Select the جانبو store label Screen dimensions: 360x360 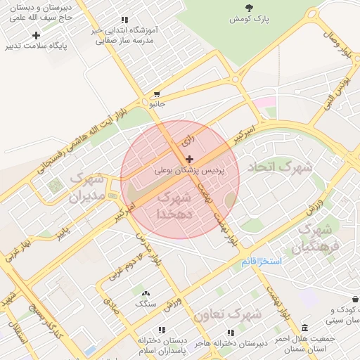[156, 104]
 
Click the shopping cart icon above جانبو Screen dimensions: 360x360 [156, 94]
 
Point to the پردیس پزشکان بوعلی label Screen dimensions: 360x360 [190, 171]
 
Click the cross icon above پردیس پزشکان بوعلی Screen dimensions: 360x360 [189, 160]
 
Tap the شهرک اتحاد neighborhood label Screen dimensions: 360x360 [278, 168]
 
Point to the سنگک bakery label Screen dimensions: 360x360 [146, 304]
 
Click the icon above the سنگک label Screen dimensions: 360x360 [146, 293]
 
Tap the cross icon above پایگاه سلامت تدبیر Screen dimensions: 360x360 [36, 34]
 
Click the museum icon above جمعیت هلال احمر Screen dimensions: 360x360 [304, 328]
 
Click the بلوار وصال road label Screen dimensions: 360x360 [338, 43]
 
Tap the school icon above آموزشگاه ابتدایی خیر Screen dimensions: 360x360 [124, 20]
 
